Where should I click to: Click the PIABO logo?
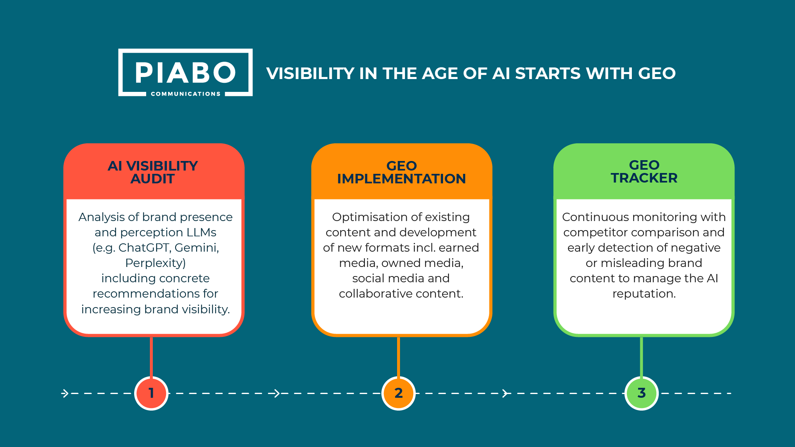185,72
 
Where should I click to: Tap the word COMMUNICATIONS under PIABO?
185,94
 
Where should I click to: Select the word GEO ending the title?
657,74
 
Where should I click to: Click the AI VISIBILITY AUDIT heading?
153,172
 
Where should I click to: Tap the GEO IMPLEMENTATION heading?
401,172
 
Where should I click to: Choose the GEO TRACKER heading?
644,171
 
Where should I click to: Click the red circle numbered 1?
152,393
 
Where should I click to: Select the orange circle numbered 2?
398,393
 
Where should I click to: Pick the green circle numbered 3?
641,393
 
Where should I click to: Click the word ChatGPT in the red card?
145,248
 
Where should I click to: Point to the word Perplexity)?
156,263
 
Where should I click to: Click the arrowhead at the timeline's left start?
65,393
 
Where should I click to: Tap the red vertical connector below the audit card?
152,357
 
